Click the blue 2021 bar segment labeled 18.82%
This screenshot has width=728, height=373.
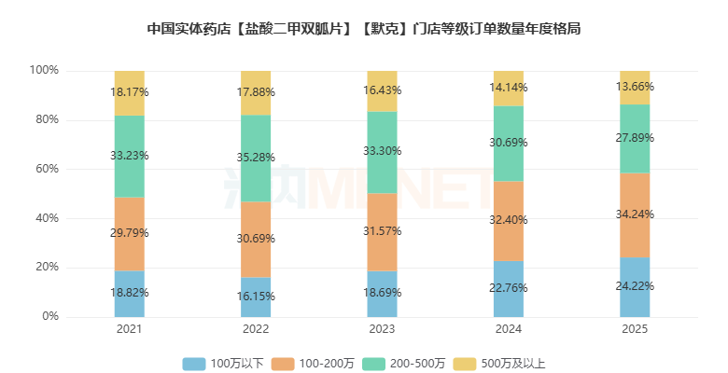tap(130, 294)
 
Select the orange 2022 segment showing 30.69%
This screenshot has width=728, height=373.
tap(256, 240)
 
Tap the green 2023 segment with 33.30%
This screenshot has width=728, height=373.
tap(382, 152)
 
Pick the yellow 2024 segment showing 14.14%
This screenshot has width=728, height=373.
tap(509, 89)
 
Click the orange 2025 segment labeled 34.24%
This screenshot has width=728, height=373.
tap(635, 215)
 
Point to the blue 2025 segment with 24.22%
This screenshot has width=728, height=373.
tap(635, 287)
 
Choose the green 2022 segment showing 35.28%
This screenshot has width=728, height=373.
tap(256, 159)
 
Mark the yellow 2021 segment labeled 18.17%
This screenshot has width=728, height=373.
tap(130, 93)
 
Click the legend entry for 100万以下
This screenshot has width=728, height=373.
tap(223, 364)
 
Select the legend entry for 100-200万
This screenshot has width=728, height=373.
tap(313, 364)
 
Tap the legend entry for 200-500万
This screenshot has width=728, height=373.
tap(403, 364)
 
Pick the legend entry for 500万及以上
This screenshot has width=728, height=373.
tap(499, 364)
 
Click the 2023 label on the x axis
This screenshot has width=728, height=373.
tap(382, 329)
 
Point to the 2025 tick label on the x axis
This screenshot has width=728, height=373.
tap(635, 329)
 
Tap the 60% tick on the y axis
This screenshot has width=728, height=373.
tap(48, 169)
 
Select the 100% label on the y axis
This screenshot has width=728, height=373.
tap(44, 70)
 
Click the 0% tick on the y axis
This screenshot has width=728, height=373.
tap(50, 316)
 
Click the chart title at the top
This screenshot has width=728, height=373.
tap(364, 29)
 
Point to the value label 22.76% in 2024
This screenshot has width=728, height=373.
tap(509, 288)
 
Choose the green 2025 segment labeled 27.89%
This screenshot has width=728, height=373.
tap(635, 139)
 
